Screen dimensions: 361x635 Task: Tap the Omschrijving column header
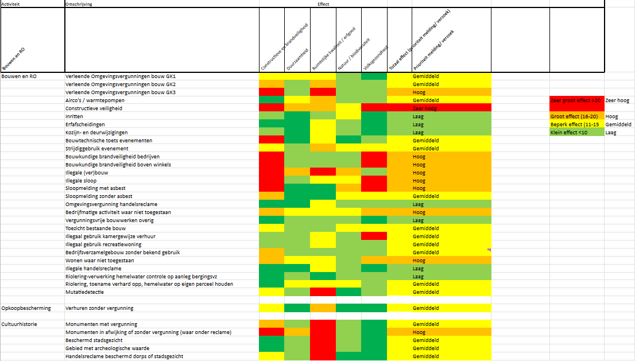[x=79, y=3]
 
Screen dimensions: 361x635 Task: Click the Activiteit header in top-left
[x=11, y=3]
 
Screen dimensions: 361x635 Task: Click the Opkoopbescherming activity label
[x=26, y=308]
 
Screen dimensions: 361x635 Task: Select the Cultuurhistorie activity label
[x=20, y=324]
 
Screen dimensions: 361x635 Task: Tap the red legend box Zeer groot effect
[x=575, y=100]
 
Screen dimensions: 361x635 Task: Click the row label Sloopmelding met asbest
[x=95, y=188]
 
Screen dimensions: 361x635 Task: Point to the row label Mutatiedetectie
[x=84, y=292]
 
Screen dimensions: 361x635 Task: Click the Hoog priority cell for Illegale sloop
[x=419, y=180]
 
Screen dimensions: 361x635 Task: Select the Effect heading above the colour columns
[x=323, y=3]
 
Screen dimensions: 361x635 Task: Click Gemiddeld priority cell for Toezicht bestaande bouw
[x=425, y=228]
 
